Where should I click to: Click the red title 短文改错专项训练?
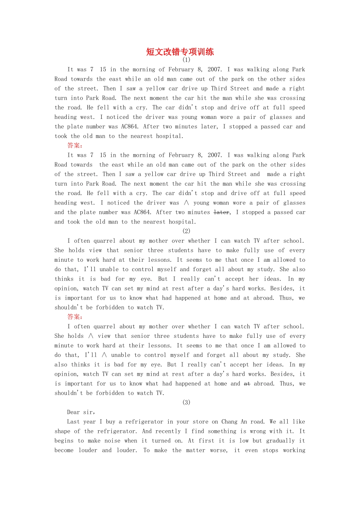[180, 52]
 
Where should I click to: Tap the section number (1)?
[186, 60]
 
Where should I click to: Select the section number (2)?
[186, 231]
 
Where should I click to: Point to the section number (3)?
[186, 402]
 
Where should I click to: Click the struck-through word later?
[221, 212]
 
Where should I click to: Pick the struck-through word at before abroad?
[247, 384]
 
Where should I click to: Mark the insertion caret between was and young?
[186, 203]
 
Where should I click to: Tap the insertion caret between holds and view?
[91, 336]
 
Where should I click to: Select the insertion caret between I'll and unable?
[104, 355]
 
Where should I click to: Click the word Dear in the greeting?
[74, 412]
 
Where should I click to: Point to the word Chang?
[229, 422]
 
